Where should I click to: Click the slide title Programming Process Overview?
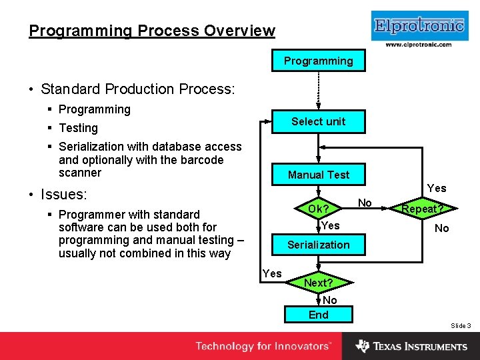[x=152, y=31]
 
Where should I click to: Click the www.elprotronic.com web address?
[x=419, y=45]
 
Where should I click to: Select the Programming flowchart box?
[x=319, y=61]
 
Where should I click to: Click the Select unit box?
[x=319, y=121]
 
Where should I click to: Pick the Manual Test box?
[x=319, y=175]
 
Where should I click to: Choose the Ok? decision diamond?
[x=319, y=209]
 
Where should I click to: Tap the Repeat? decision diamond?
[x=423, y=209]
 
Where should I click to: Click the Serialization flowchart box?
[x=319, y=245]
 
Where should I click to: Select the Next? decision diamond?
[x=319, y=283]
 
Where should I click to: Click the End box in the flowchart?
[x=319, y=315]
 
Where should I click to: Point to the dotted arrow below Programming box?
[x=319, y=89]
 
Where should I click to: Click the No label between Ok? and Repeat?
[x=365, y=202]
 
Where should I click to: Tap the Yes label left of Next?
[x=271, y=273]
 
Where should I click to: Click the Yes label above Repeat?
[x=437, y=188]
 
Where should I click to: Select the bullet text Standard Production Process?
[x=137, y=89]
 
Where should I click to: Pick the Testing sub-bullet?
[x=78, y=127]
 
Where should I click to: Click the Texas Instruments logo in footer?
[x=411, y=346]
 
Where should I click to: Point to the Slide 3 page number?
[x=461, y=325]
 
